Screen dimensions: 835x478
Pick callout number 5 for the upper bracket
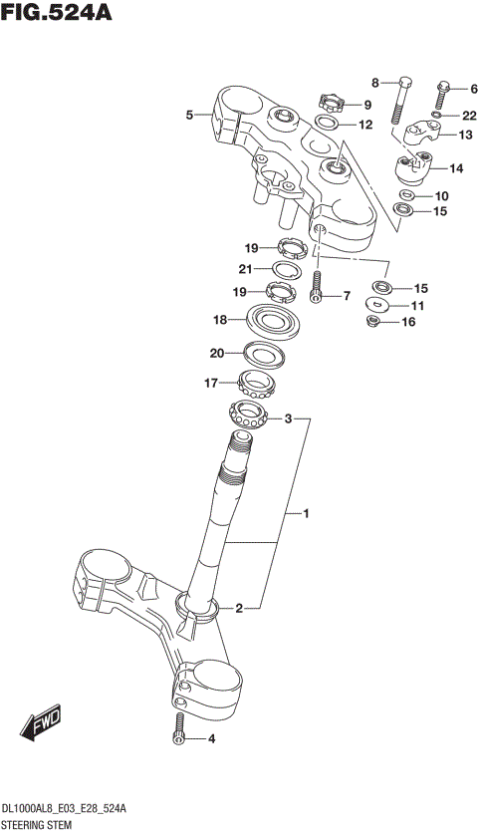(189, 116)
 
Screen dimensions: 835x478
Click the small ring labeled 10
(407, 194)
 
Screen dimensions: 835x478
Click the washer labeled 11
(377, 304)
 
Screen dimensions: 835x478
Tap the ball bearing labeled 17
(257, 382)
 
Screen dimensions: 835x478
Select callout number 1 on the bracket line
(308, 514)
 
